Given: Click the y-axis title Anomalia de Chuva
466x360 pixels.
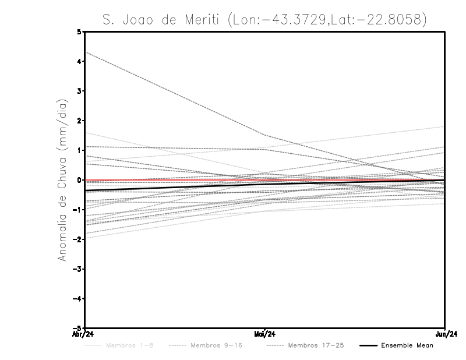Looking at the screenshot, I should pyautogui.click(x=62, y=180).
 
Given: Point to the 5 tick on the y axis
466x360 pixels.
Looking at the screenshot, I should pyautogui.click(x=79, y=32).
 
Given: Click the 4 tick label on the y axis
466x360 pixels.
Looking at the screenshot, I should pyautogui.click(x=79, y=61).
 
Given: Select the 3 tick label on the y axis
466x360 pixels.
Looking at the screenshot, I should pyautogui.click(x=79, y=91).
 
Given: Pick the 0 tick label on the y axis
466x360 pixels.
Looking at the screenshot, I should pyautogui.click(x=79, y=180).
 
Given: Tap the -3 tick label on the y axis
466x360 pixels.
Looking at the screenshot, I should pyautogui.click(x=78, y=269).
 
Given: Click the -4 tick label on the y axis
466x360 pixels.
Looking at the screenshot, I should pyautogui.click(x=78, y=298).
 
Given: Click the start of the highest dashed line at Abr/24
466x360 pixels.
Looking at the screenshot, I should pyautogui.click(x=86, y=52).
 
